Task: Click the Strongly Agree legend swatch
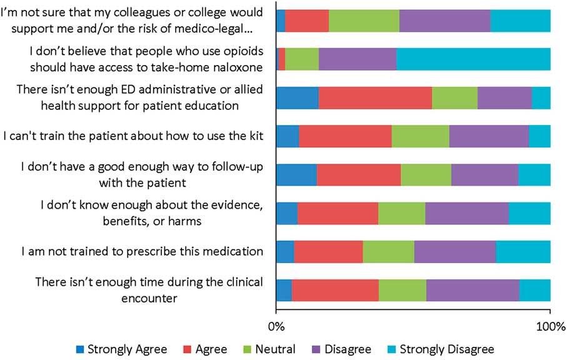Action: tap(80, 349)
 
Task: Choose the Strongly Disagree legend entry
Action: tap(446, 349)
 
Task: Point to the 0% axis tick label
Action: tap(276, 326)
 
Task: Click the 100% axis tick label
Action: tap(550, 326)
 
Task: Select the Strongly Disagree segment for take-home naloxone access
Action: tap(473, 59)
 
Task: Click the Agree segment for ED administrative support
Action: tap(375, 98)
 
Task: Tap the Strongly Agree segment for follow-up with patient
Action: tap(296, 175)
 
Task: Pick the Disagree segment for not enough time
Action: tap(473, 291)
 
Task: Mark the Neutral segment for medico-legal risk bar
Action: tap(364, 21)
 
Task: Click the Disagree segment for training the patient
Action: tap(489, 137)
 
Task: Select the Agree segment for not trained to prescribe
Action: tap(328, 252)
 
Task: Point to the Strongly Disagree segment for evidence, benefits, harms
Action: tap(529, 214)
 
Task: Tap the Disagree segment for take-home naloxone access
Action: tap(357, 59)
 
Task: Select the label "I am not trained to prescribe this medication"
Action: tap(142, 252)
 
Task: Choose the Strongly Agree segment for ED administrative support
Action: tap(297, 98)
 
